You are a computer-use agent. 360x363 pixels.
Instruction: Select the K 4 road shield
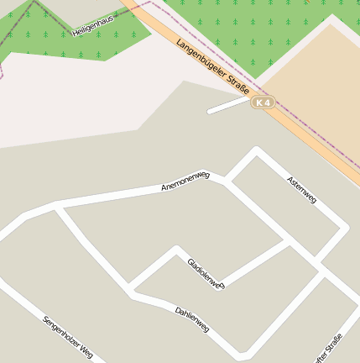click(263, 102)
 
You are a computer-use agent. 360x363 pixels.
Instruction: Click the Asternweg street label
click(301, 191)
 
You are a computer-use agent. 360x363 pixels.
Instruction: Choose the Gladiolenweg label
click(206, 274)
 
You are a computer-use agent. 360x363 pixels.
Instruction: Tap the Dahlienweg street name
click(192, 320)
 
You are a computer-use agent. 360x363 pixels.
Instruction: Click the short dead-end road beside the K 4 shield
click(228, 107)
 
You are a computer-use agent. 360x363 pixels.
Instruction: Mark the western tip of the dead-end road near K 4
click(210, 111)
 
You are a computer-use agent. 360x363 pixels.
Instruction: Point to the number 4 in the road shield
click(268, 102)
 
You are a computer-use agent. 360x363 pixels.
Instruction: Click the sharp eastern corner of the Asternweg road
click(345, 229)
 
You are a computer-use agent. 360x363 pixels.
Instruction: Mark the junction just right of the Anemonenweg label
click(227, 180)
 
